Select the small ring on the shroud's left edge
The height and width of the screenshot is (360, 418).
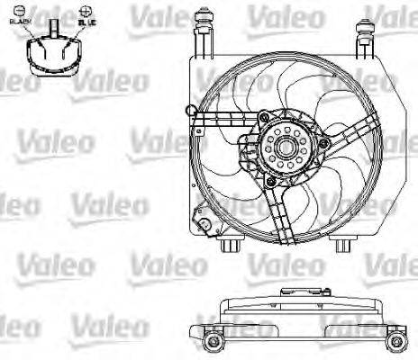(188, 112)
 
